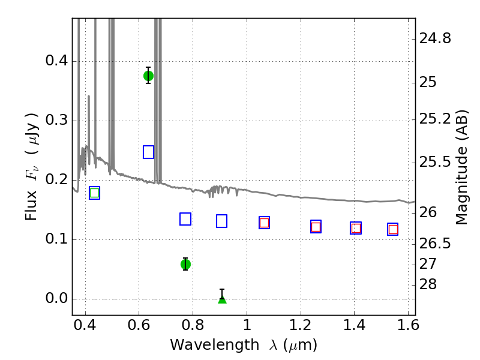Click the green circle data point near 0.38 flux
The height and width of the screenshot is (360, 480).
[148, 76]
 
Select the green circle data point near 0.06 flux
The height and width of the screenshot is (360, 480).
[185, 264]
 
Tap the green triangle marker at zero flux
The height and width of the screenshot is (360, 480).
[222, 298]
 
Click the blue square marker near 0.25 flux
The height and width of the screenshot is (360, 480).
[149, 152]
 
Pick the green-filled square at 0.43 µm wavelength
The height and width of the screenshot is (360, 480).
[94, 193]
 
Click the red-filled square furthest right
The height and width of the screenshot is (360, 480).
[393, 229]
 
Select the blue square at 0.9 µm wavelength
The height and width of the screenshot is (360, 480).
[221, 221]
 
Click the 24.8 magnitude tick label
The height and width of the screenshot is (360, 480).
[435, 39]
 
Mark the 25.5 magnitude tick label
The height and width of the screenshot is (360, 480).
[435, 163]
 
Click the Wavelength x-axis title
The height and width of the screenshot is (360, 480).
[243, 346]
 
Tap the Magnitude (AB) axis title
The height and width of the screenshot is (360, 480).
[461, 167]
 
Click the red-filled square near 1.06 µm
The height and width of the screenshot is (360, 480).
[264, 223]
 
